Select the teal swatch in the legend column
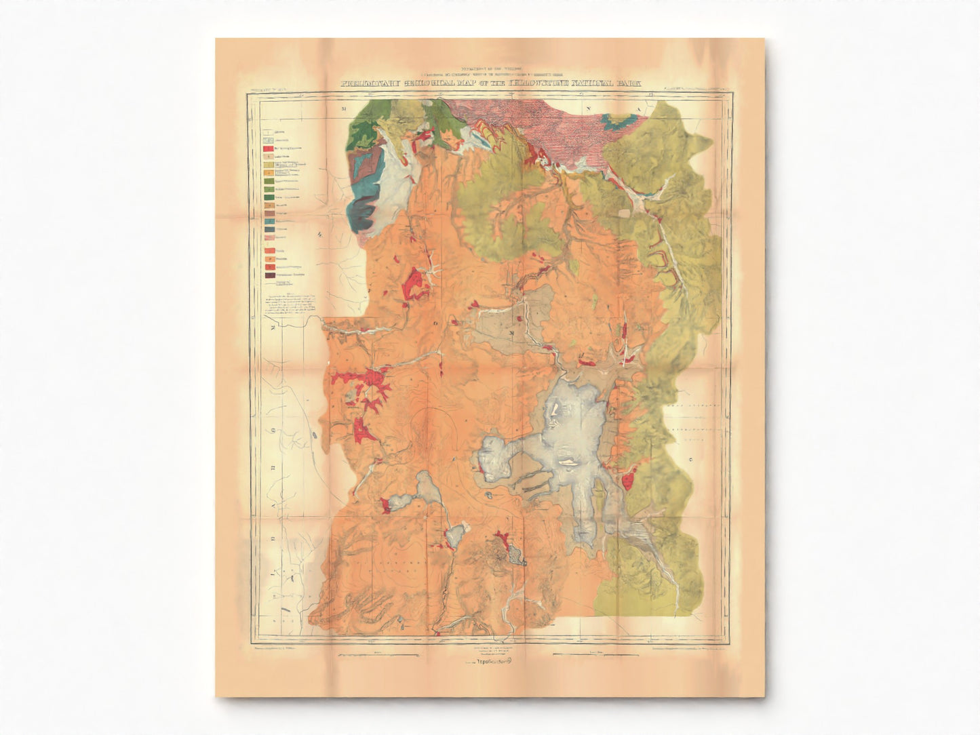click(270, 221)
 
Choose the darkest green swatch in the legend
click(270, 197)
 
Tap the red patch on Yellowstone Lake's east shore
click(628, 481)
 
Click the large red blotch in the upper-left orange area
click(415, 283)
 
